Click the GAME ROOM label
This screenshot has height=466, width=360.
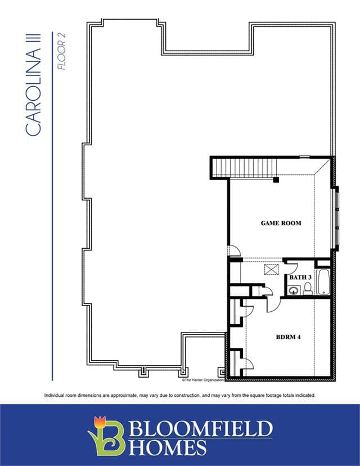281,223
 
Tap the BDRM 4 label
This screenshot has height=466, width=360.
288,337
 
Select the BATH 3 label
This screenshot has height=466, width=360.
300,277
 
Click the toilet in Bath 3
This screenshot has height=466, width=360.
308,289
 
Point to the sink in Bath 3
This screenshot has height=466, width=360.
294,290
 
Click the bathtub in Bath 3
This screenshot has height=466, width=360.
323,282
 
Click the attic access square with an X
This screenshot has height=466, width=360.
272,270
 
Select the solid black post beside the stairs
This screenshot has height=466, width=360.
276,180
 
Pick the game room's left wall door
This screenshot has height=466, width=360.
235,250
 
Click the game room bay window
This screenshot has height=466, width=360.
336,219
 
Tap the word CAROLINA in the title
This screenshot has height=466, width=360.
33,92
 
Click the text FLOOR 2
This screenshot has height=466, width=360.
61,51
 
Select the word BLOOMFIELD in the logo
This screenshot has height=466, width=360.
201,428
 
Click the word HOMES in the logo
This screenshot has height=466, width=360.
168,447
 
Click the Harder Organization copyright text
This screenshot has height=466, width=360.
202,380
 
